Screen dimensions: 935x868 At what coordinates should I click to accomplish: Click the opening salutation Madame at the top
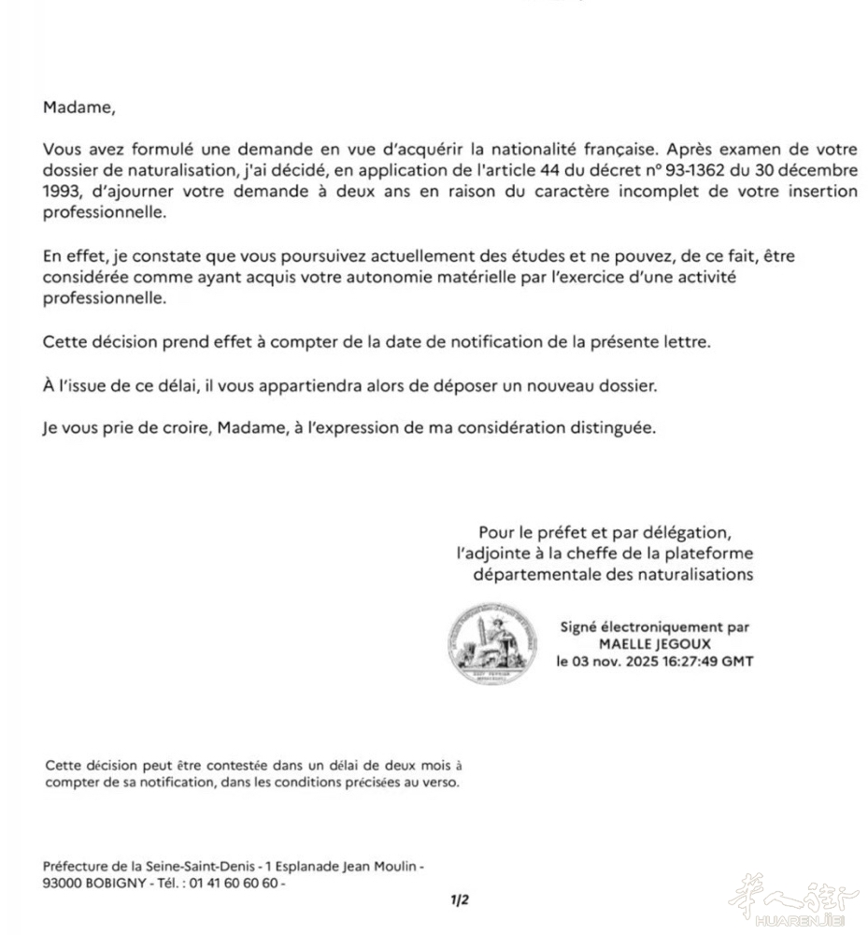(x=78, y=107)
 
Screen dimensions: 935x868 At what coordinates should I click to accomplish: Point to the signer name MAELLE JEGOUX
(x=654, y=644)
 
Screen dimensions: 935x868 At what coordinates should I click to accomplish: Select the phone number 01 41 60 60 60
(x=238, y=883)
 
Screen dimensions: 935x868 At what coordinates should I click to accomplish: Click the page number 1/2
(x=459, y=900)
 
